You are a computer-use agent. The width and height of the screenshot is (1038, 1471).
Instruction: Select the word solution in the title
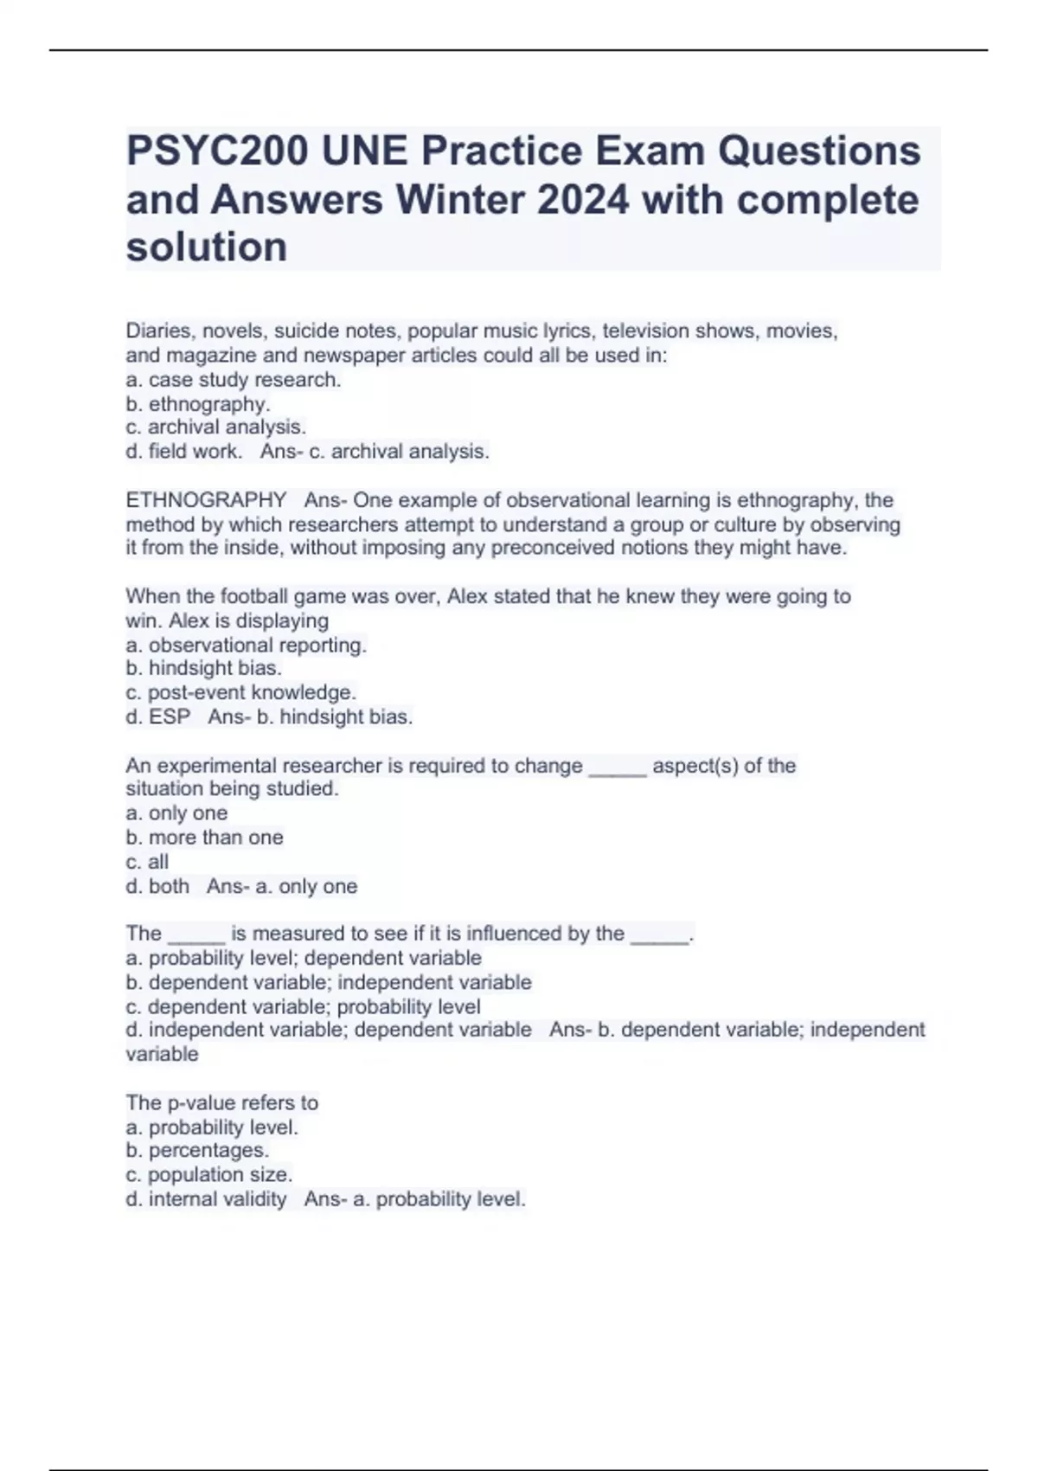tap(207, 247)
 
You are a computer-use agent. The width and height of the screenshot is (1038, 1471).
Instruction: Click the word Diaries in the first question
tap(159, 331)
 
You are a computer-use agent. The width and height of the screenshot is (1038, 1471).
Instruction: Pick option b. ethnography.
tap(198, 404)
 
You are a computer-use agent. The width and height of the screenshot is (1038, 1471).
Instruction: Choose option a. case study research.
tap(234, 380)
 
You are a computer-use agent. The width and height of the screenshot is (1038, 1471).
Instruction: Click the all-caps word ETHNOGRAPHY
tap(206, 500)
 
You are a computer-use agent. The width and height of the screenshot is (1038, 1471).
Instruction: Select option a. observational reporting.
tap(246, 645)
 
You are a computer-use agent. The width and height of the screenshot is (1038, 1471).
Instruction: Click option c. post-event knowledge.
tap(240, 692)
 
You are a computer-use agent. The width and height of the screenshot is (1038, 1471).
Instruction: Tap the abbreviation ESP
tap(170, 716)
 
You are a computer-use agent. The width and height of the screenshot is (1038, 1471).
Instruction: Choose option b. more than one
tap(204, 838)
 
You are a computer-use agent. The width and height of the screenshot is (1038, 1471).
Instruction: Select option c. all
tap(147, 862)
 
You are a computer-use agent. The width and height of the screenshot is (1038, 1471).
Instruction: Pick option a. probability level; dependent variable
tap(304, 958)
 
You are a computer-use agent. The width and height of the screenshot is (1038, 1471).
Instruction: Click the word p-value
tap(195, 1102)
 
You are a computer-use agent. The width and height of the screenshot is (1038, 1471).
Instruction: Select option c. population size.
tap(209, 1174)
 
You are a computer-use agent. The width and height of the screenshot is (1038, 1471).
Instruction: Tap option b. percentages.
tap(197, 1150)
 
